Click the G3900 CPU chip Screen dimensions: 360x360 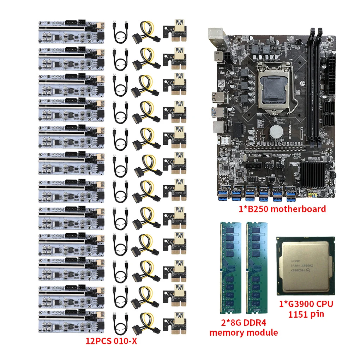pos(305,265)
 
